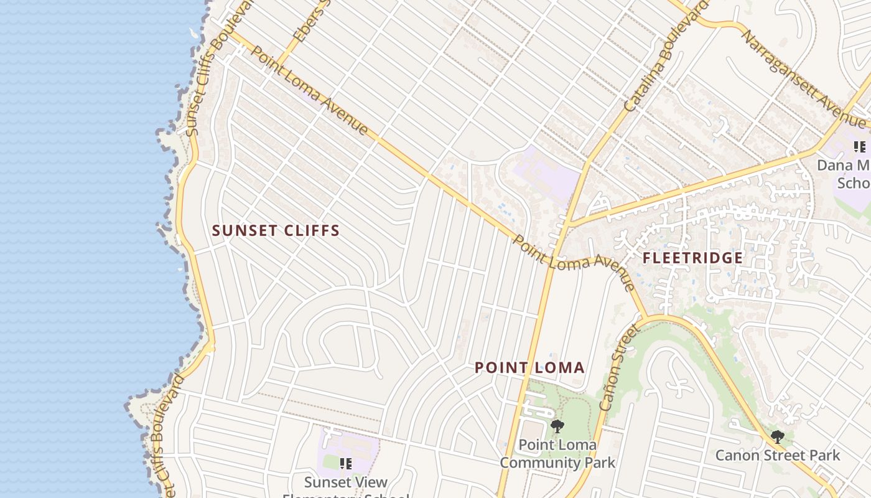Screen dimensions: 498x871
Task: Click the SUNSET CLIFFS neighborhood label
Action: pyautogui.click(x=276, y=230)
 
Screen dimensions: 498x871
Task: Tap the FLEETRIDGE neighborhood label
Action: pyautogui.click(x=692, y=258)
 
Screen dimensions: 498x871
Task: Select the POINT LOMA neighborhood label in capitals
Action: pyautogui.click(x=529, y=367)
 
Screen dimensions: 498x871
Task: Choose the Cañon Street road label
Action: pyautogui.click(x=618, y=367)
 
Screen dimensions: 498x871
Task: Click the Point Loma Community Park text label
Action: pyautogui.click(x=557, y=454)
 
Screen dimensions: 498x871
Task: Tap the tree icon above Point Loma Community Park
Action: pyautogui.click(x=557, y=426)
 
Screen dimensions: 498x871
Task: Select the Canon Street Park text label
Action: pyautogui.click(x=777, y=455)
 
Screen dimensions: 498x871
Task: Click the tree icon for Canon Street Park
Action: pyautogui.click(x=776, y=436)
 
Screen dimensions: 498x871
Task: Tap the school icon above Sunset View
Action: pyautogui.click(x=346, y=463)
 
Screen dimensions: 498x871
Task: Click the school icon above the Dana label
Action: pyautogui.click(x=859, y=147)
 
